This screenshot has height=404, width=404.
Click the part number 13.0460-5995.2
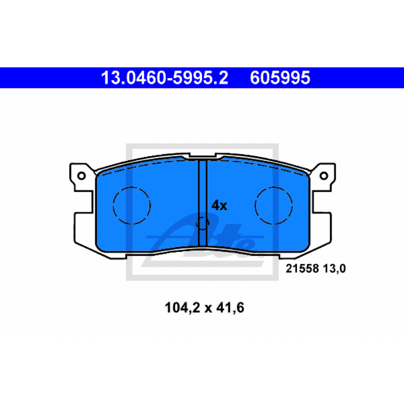[x=165, y=78]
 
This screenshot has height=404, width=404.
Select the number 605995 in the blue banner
[x=280, y=78]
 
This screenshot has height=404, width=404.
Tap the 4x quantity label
[x=219, y=206]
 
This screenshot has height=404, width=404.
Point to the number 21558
[x=302, y=269]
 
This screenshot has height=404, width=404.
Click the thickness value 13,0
[x=334, y=269]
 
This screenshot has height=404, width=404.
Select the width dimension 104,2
[x=182, y=308]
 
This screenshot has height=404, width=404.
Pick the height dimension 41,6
[x=230, y=308]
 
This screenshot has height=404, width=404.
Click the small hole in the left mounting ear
[x=81, y=176]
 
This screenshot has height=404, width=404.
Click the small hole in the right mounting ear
[x=324, y=176]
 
